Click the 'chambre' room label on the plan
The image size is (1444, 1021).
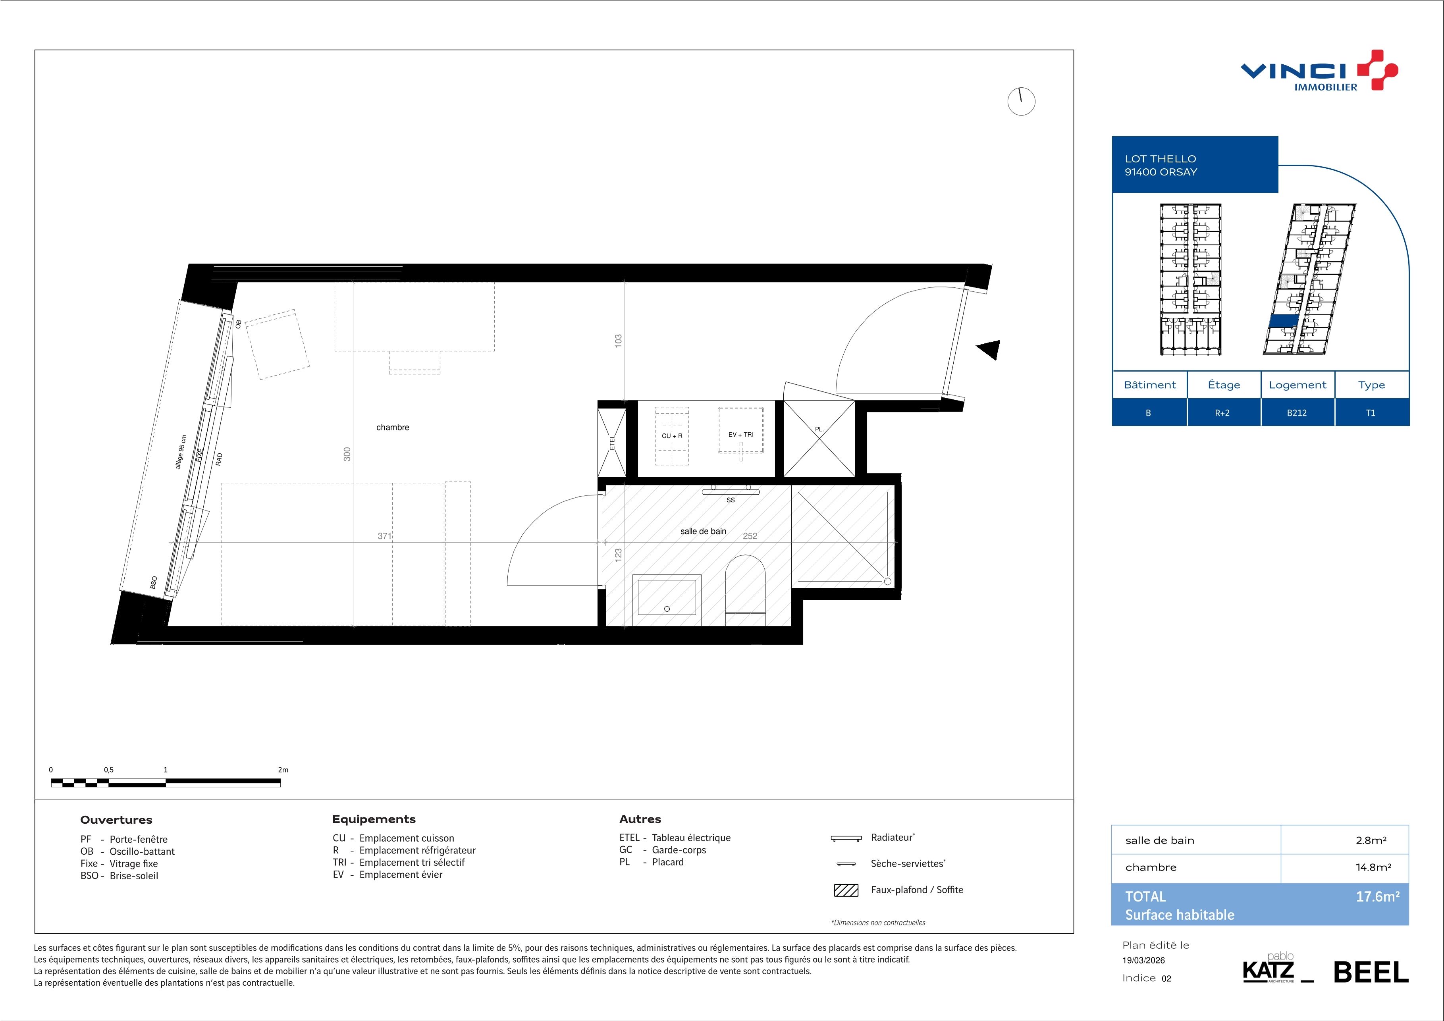(392, 428)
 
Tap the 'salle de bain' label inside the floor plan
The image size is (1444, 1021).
(703, 531)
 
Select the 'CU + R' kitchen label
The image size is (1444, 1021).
(672, 436)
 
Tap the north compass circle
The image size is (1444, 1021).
(1021, 101)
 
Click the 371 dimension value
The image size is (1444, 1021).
(384, 536)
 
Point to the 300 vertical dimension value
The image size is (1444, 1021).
(347, 454)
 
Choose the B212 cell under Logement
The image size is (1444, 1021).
(1297, 413)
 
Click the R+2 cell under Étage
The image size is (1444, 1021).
(1222, 413)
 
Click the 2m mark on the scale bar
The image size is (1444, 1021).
(283, 770)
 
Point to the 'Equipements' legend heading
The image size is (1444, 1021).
(374, 819)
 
